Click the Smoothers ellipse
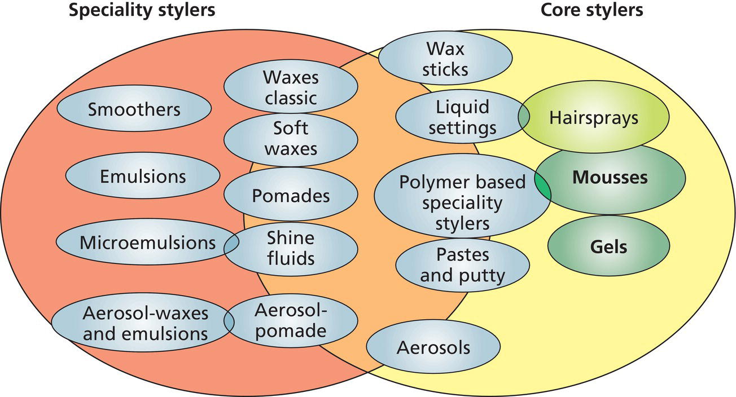click(x=134, y=108)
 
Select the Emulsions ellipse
click(x=143, y=176)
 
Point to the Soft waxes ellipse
click(x=291, y=138)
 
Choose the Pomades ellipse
click(x=291, y=196)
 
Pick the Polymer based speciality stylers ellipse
click(x=462, y=202)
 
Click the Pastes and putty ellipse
click(x=462, y=265)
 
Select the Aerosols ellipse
click(x=433, y=347)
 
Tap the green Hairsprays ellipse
click(x=594, y=118)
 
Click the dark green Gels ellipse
click(x=608, y=246)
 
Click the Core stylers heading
click(x=592, y=10)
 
